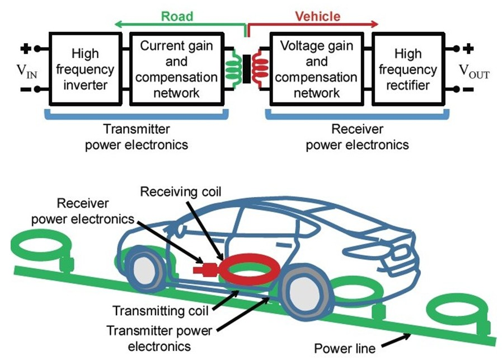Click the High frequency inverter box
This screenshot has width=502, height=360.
[85, 69]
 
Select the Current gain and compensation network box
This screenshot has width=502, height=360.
[177, 69]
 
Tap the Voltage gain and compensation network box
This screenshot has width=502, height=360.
[317, 69]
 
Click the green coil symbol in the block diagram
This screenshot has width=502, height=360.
[233, 69]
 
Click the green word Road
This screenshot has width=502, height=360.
[177, 16]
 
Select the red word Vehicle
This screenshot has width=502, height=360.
[317, 16]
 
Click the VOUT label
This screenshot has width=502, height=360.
[473, 71]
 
